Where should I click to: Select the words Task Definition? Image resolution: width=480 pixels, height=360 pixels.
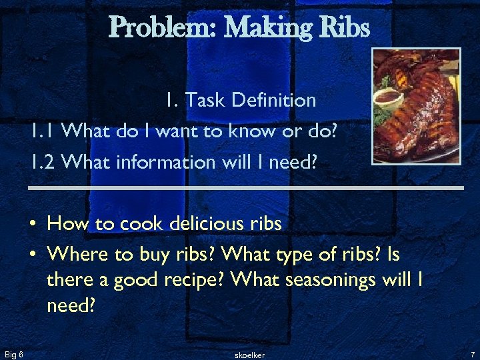[x=250, y=101]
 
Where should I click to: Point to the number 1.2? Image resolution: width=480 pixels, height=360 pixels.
[x=45, y=162]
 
